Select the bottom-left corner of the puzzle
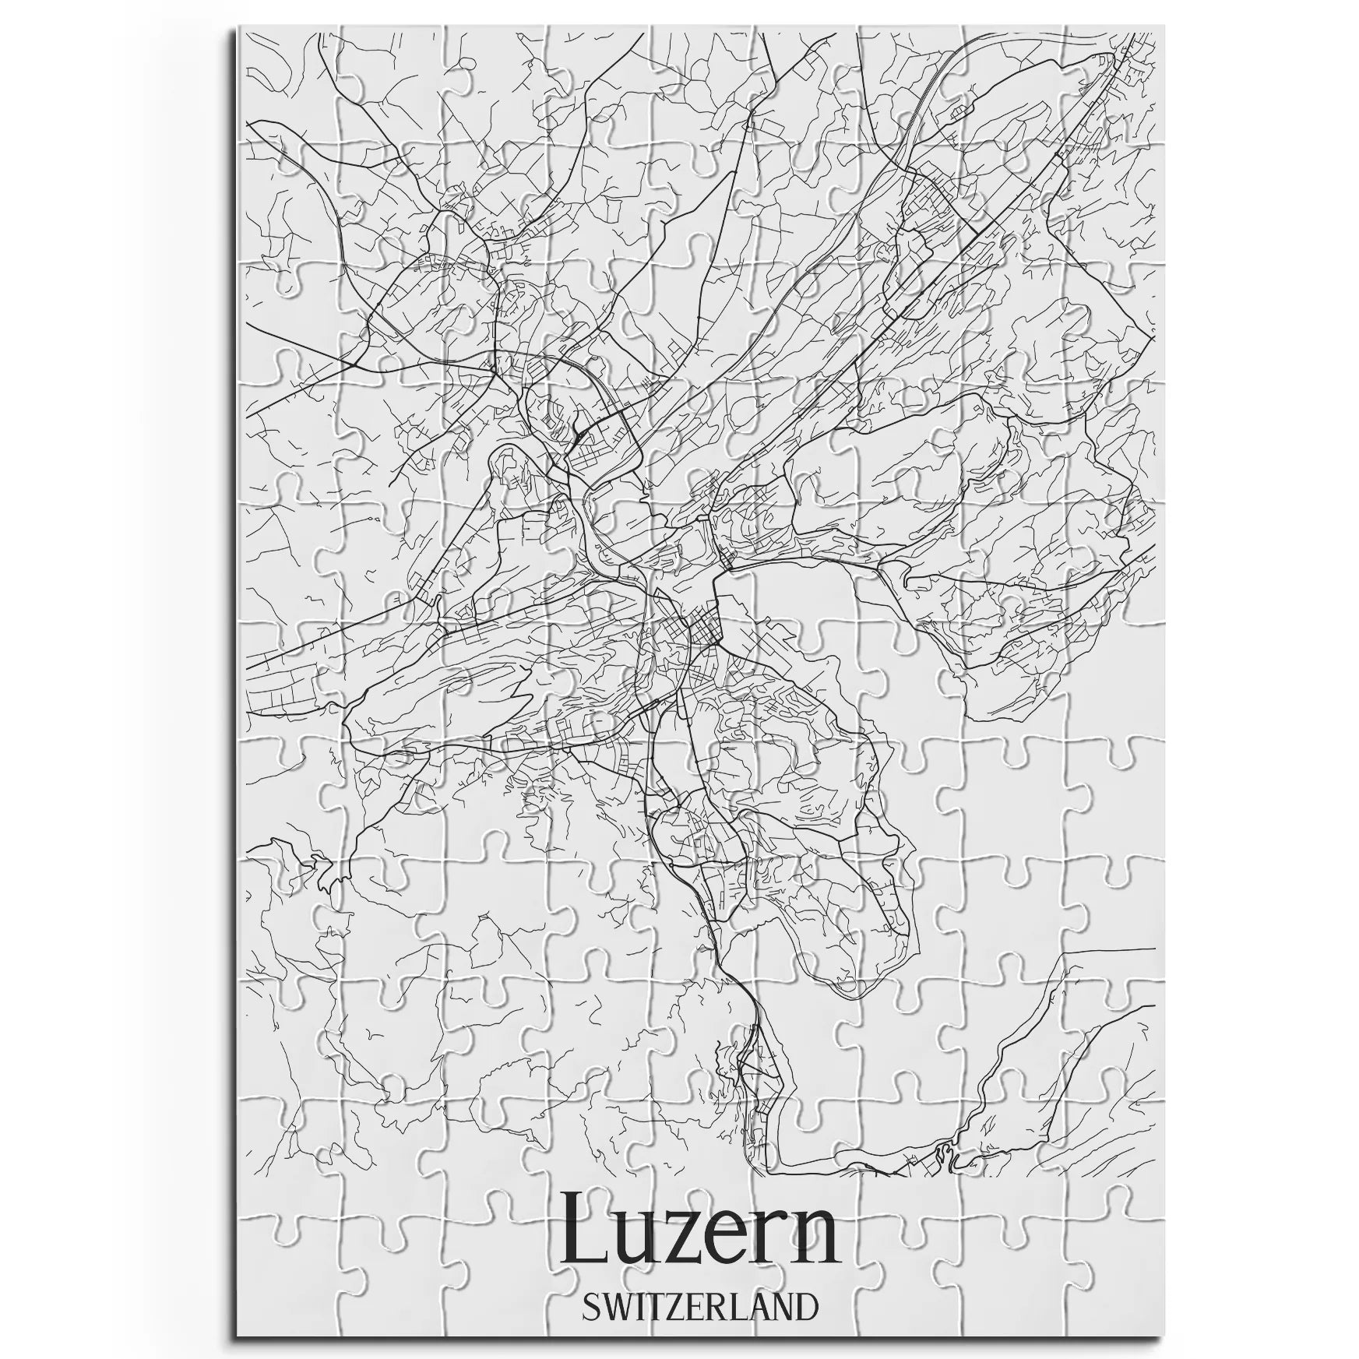(x=238, y=1336)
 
